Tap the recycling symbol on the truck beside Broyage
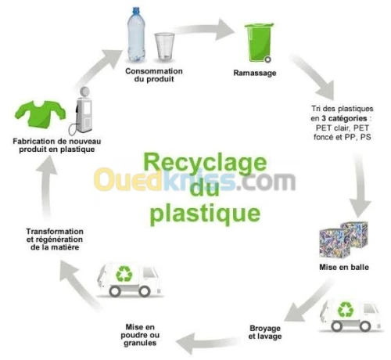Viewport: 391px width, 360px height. tap(344, 308)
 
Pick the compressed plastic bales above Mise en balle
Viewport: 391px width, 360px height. tap(345, 239)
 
